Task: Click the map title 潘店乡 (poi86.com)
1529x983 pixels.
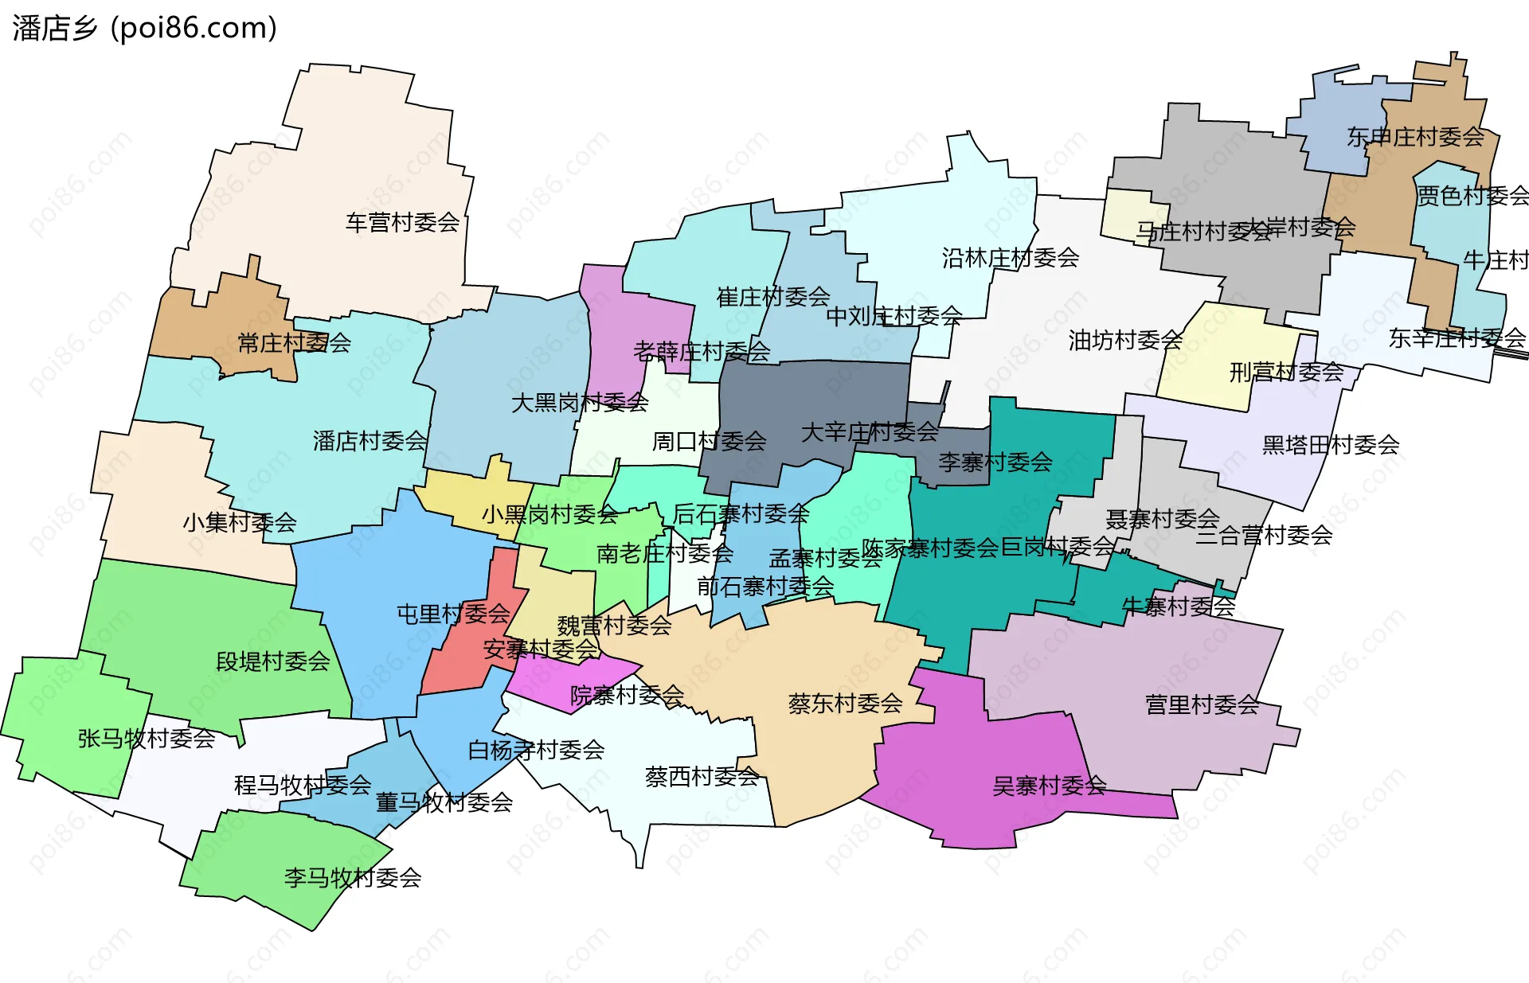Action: click(x=144, y=28)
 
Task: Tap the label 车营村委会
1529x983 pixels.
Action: click(x=402, y=222)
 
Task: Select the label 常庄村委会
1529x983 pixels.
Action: click(x=294, y=343)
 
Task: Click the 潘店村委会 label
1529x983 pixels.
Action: click(x=370, y=440)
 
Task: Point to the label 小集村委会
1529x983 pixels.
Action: click(x=239, y=522)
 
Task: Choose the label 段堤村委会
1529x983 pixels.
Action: click(x=272, y=661)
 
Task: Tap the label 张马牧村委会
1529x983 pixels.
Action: click(x=146, y=738)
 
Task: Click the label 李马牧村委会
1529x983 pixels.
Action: click(x=352, y=877)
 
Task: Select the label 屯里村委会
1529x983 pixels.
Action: click(x=452, y=614)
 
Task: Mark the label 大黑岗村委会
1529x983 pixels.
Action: click(x=579, y=402)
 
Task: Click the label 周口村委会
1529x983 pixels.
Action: click(x=709, y=441)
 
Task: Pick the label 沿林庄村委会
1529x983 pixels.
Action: click(x=1010, y=257)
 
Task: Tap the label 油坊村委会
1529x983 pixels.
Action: click(x=1124, y=340)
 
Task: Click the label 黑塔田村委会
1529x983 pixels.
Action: click(x=1330, y=444)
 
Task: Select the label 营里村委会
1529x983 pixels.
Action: click(x=1202, y=704)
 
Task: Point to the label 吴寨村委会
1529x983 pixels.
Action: click(x=1049, y=786)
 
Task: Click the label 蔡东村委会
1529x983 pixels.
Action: click(x=845, y=703)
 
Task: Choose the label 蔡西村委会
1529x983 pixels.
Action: click(x=702, y=776)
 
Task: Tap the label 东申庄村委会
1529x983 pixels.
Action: click(x=1415, y=137)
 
